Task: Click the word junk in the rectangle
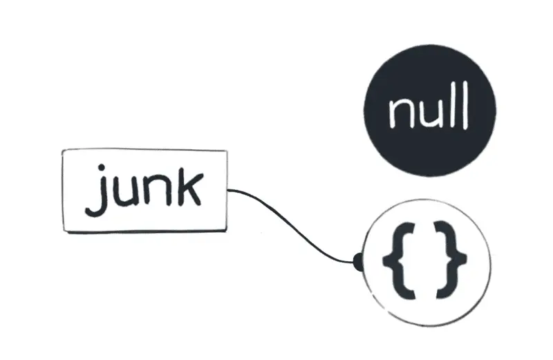[x=144, y=189]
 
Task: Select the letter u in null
[x=430, y=114]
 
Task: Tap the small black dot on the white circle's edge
[x=358, y=261]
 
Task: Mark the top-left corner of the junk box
[x=63, y=151]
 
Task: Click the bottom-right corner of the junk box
[x=226, y=231]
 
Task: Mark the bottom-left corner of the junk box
[x=64, y=231]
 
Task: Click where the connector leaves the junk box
[x=228, y=189]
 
